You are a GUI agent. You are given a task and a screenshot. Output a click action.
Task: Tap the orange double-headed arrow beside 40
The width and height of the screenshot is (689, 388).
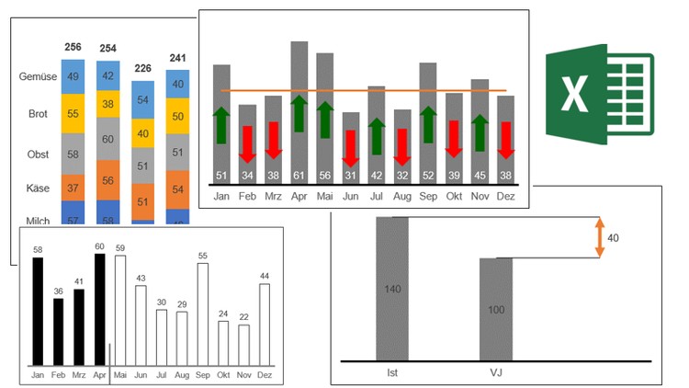tap(599, 237)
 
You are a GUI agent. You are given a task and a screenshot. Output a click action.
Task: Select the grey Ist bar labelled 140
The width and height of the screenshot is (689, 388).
tap(392, 289)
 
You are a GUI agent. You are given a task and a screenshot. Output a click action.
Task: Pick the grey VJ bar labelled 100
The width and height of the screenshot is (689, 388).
tap(496, 309)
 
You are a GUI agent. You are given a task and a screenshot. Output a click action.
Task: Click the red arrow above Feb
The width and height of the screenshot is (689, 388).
tap(247, 143)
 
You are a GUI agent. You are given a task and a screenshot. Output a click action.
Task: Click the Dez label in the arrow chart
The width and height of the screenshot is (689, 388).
tap(505, 196)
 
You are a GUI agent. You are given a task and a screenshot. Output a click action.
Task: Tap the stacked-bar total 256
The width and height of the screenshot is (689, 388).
tap(73, 47)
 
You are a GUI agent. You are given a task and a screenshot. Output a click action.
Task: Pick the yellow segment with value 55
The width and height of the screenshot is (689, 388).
tap(73, 114)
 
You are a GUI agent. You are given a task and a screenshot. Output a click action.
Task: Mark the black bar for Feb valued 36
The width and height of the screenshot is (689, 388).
tap(59, 332)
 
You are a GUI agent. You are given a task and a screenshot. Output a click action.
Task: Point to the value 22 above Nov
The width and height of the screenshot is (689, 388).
tap(243, 317)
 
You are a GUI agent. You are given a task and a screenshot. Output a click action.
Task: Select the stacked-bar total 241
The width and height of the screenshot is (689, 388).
tap(177, 59)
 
